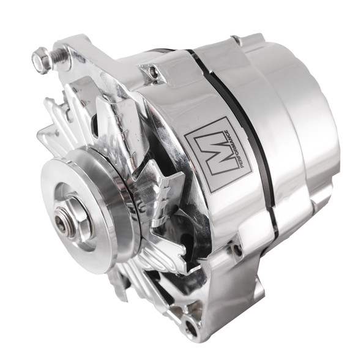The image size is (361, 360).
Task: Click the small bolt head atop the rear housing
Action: pos(235,40)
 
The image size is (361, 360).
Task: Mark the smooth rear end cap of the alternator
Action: pos(318,141)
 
